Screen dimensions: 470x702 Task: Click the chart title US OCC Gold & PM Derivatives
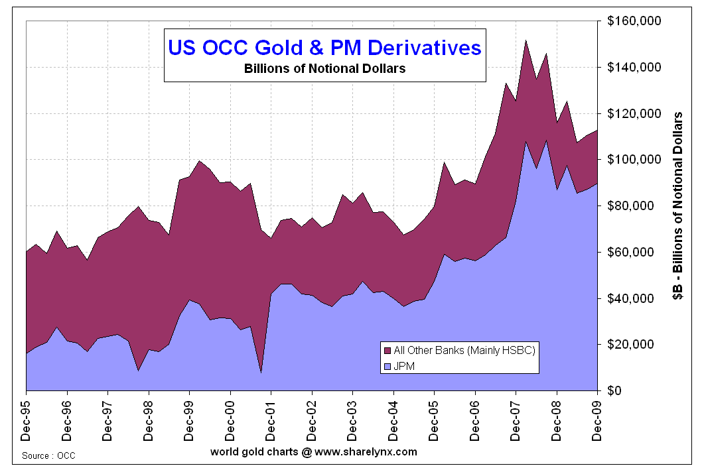(324, 48)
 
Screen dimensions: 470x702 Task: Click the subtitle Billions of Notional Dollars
(324, 68)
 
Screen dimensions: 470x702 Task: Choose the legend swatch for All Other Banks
(386, 350)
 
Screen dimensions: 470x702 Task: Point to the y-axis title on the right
(679, 206)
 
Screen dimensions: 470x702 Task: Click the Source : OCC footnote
(48, 456)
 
